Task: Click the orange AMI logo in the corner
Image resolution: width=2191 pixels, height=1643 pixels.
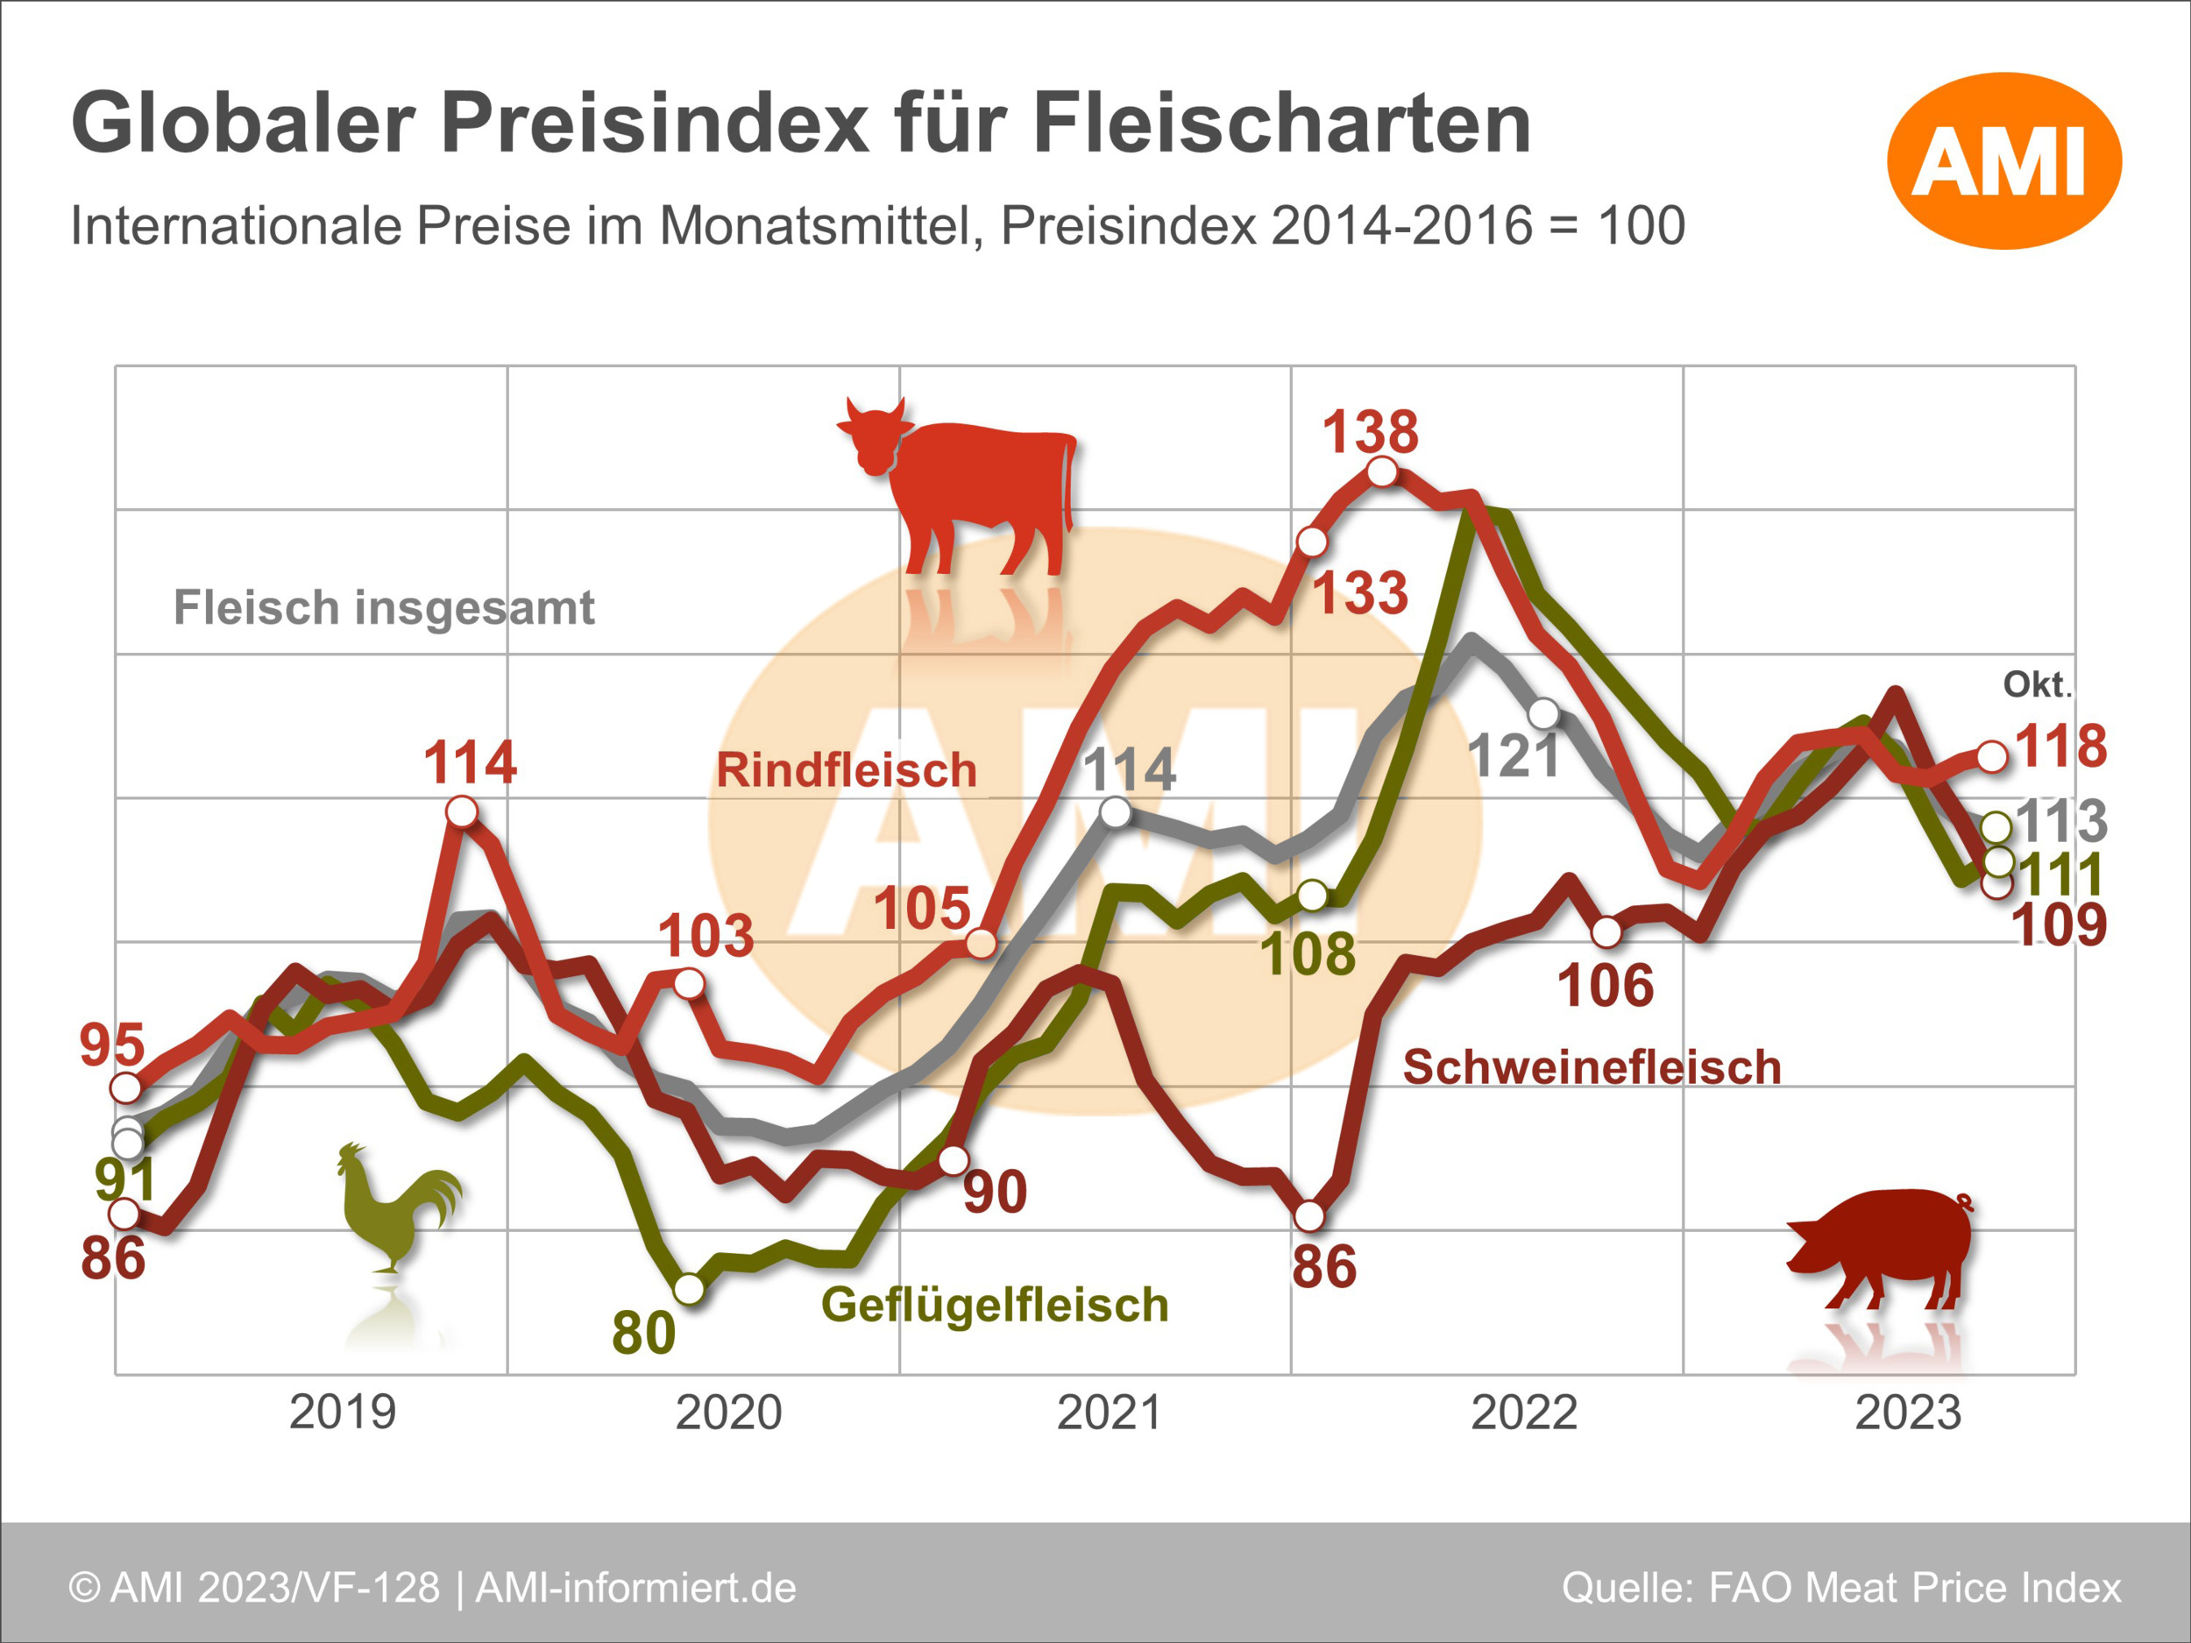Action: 2003,160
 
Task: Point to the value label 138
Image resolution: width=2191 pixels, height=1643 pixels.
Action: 1371,432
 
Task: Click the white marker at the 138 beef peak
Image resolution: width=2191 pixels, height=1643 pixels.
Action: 1383,472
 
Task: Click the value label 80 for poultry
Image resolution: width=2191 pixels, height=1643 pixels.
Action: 644,1333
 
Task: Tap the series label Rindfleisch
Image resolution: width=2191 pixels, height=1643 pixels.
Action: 847,769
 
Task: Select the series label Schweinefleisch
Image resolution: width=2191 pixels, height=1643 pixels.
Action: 1592,1067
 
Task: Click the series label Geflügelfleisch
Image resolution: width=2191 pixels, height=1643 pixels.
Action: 995,1304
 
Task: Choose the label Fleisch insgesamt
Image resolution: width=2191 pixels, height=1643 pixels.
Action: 385,607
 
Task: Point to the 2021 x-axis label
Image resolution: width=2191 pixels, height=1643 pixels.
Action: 1110,1413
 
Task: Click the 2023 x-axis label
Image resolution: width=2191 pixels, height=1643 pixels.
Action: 1908,1413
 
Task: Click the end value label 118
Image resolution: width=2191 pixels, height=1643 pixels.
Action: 2061,746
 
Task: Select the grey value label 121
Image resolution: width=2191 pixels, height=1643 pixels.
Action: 1514,756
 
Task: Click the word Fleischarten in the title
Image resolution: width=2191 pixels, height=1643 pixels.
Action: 1283,124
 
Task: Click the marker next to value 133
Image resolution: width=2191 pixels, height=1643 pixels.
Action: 1311,542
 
